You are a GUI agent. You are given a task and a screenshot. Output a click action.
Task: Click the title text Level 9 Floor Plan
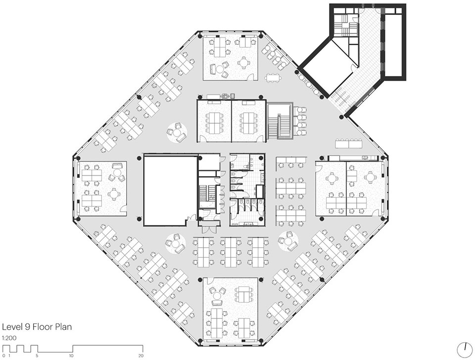click(x=37, y=327)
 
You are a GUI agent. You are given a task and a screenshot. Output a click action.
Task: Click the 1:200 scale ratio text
click(x=9, y=338)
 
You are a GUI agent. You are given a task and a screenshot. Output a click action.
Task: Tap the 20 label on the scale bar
click(x=141, y=356)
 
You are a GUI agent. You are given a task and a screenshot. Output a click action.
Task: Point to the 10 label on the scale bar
click(x=71, y=356)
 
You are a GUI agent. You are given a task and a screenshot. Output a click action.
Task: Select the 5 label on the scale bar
click(x=37, y=356)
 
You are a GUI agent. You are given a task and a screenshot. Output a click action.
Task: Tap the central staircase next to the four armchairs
click(x=280, y=121)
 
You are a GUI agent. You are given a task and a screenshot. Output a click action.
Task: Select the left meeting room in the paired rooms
click(x=214, y=121)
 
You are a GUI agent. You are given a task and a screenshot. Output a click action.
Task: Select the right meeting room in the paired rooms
click(x=249, y=121)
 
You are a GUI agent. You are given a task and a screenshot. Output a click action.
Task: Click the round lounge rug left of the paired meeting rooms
click(x=177, y=133)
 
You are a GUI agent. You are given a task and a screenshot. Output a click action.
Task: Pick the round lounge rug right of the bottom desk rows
click(x=288, y=241)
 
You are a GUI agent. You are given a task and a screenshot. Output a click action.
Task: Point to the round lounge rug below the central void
click(x=175, y=243)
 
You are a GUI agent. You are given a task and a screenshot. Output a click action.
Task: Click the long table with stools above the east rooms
click(x=348, y=143)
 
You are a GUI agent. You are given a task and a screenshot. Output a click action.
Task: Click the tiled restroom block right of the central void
click(x=247, y=190)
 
